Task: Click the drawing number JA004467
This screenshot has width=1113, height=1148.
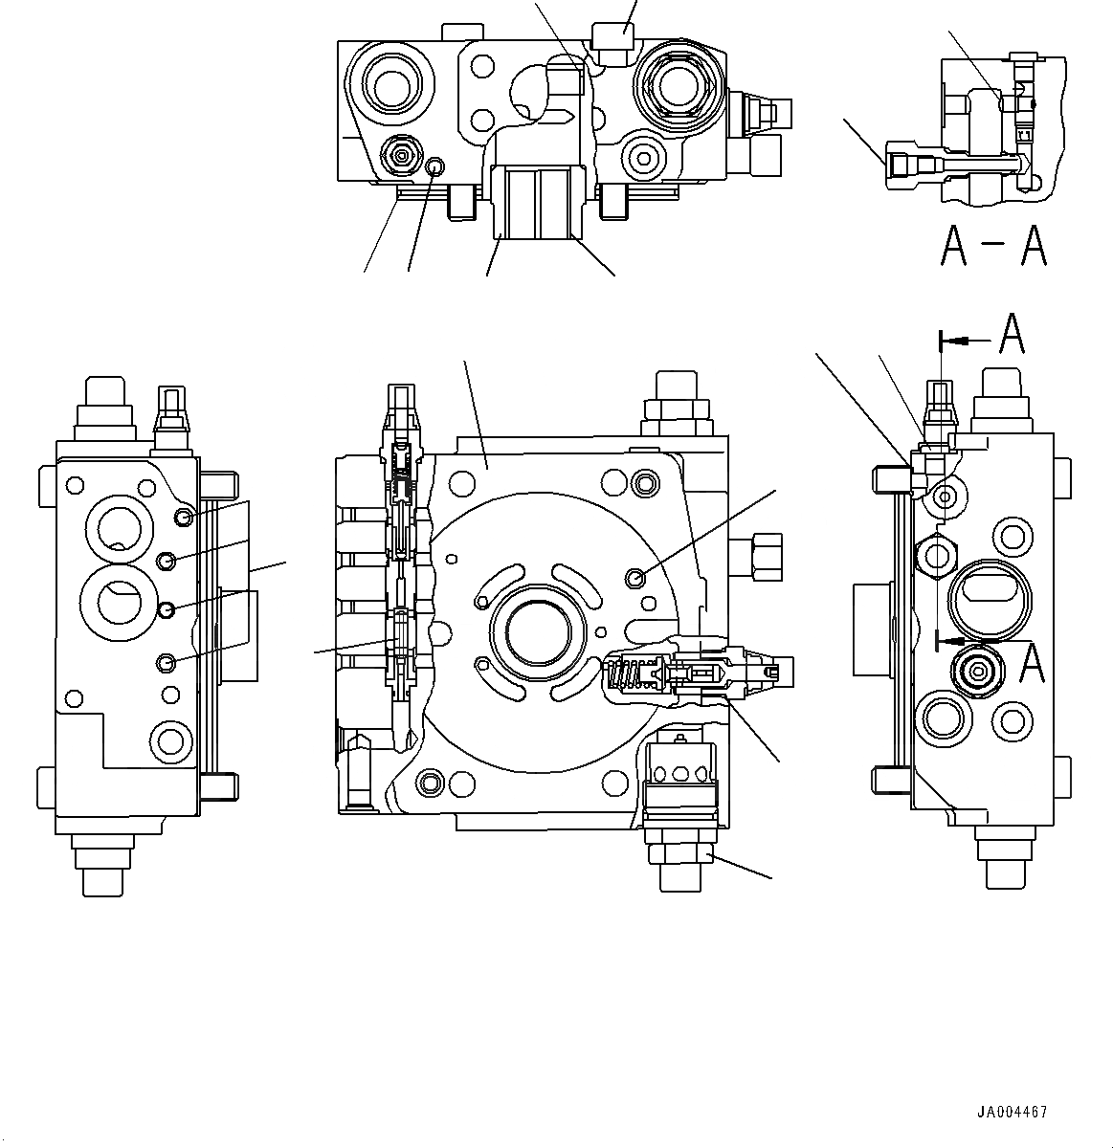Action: point(1012,1112)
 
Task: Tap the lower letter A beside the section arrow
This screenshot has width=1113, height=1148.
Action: point(1030,662)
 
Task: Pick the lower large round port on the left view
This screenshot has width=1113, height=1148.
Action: point(115,602)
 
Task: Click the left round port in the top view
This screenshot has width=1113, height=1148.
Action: point(390,88)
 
